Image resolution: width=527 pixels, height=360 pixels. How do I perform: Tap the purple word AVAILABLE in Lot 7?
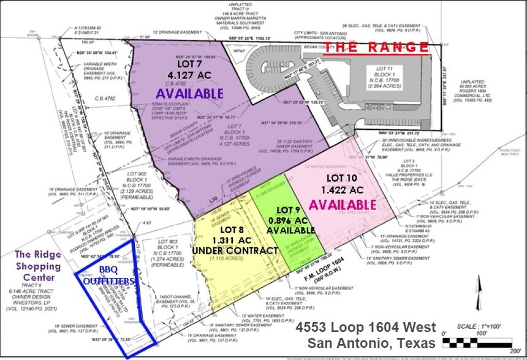click(x=189, y=94)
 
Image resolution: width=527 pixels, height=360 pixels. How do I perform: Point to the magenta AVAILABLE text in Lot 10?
click(x=343, y=203)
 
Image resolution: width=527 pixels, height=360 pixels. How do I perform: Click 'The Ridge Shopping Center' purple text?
click(x=38, y=266)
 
